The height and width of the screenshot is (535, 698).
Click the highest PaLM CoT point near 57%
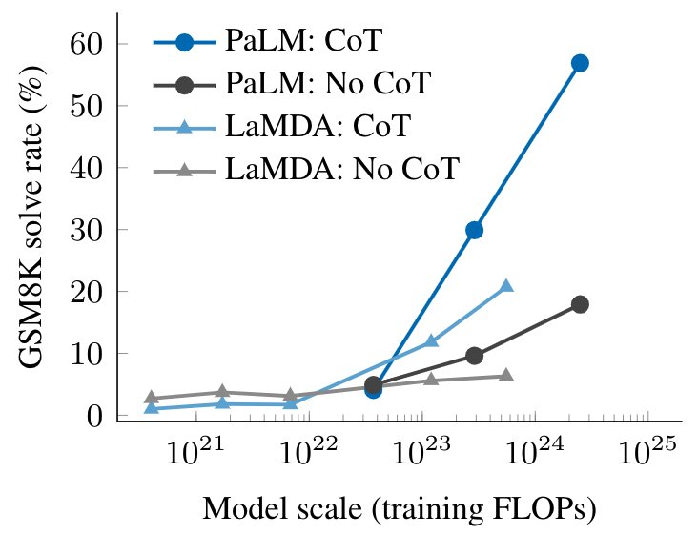580,63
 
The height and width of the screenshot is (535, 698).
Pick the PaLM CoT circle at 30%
474,230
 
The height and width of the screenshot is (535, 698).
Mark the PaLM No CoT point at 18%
580,304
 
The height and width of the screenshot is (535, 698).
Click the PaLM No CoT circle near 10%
474,356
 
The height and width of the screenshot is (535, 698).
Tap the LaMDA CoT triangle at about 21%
506,286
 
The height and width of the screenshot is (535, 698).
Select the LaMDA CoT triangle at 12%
431,341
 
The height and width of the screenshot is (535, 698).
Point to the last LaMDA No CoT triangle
506,375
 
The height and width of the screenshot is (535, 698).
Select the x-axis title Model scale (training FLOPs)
400,510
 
